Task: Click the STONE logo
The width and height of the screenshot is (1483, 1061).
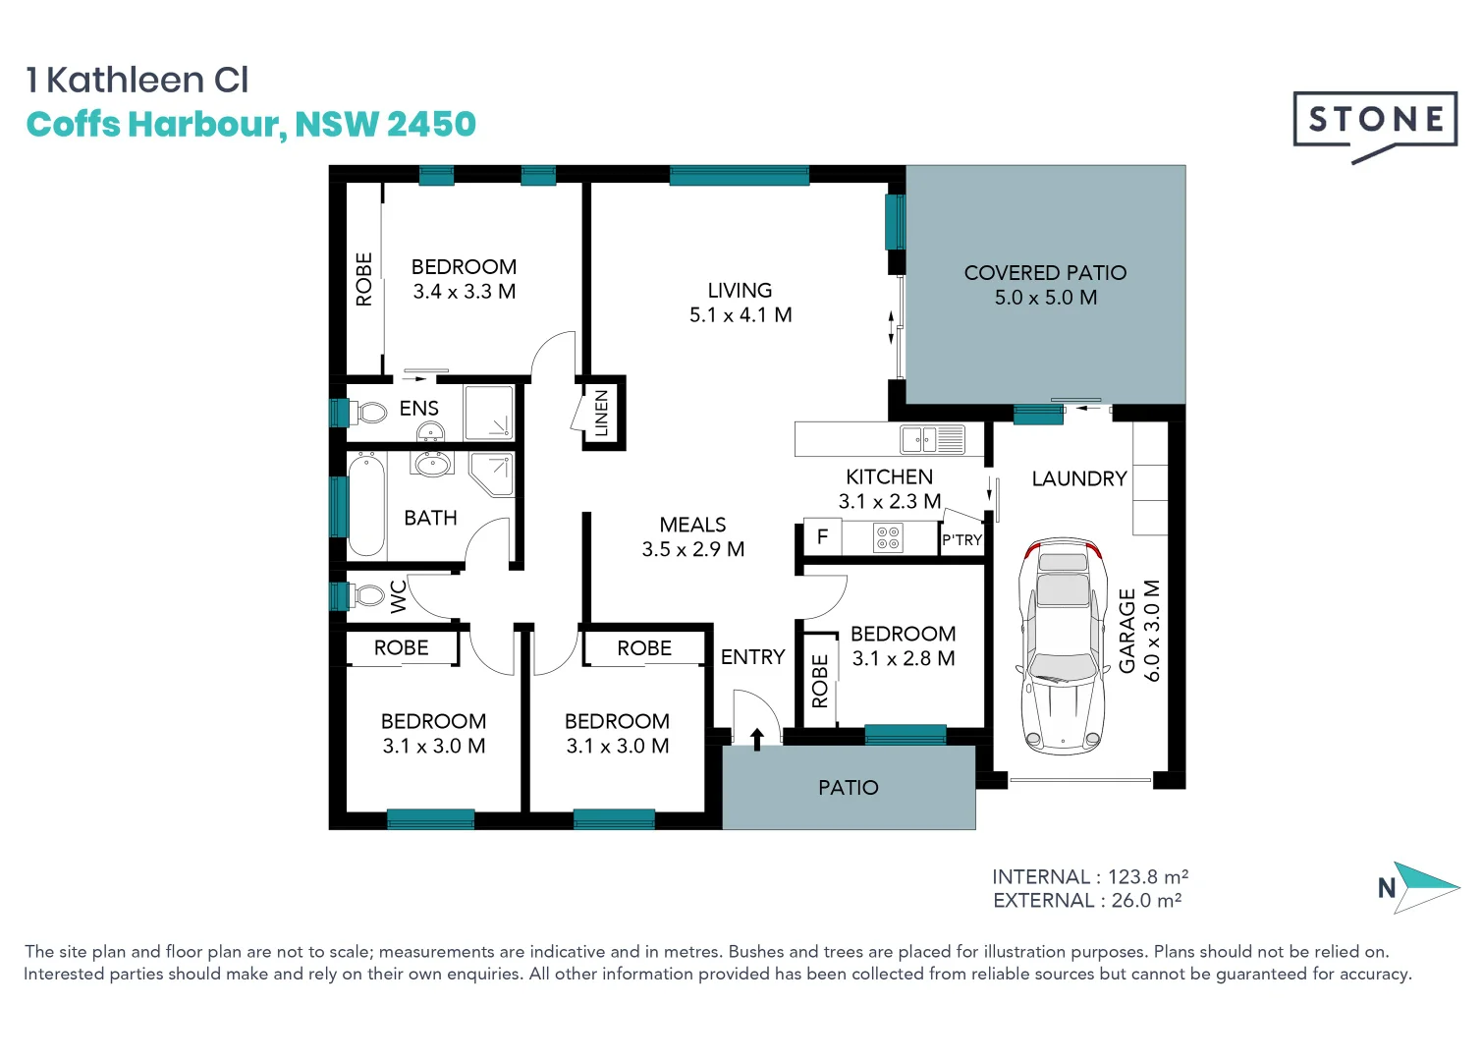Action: (1374, 122)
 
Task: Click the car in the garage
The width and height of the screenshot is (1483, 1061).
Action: (1062, 645)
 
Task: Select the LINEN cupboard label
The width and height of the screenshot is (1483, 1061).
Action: (602, 413)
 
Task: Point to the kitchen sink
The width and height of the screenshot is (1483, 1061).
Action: (933, 439)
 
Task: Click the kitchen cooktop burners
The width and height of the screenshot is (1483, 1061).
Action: (888, 537)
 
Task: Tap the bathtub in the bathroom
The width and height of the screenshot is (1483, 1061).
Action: (366, 505)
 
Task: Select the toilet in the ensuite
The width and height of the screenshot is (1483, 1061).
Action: (369, 412)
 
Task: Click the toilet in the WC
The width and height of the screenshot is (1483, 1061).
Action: (367, 595)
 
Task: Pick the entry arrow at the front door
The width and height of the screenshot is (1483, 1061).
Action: (756, 739)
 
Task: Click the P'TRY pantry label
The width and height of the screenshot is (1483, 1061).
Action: (961, 540)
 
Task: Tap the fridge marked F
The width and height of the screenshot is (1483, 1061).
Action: (823, 537)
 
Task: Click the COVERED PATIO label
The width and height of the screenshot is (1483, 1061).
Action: (1045, 273)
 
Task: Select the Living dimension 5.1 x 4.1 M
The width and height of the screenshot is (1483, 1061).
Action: (741, 315)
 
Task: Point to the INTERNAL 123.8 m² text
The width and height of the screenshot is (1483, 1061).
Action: (1089, 876)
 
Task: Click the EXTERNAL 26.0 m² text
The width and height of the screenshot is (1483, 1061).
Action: (1086, 901)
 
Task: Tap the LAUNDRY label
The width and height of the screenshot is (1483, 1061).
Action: (1078, 478)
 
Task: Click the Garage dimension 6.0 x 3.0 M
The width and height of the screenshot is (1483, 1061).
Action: (1152, 631)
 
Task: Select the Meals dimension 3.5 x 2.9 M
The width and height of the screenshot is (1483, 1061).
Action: (693, 550)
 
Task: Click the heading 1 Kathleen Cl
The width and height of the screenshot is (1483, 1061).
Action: (137, 81)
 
